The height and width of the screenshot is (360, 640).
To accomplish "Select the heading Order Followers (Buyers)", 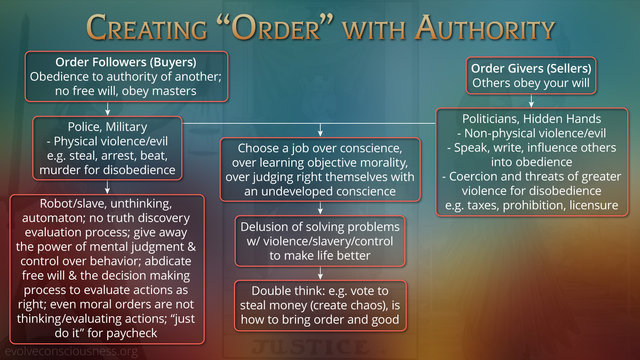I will coord(126,62).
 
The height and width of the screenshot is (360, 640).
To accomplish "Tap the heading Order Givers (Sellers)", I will coord(531,68).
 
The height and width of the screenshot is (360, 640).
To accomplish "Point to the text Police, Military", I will coord(107,127).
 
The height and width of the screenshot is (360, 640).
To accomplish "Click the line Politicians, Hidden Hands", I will coord(531,119).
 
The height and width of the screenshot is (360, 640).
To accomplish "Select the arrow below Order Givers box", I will coord(531,101).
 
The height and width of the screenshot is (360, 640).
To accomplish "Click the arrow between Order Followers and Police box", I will coord(107,109).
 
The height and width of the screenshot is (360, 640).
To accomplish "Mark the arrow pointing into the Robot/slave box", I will coord(107,187).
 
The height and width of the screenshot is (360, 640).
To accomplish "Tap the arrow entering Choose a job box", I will coord(320,130).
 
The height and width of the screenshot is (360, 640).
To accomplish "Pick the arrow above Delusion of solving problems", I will coord(320,208).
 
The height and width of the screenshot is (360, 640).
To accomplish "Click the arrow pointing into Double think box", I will coord(320,273).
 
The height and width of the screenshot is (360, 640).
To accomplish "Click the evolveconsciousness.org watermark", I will coord(71,351).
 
